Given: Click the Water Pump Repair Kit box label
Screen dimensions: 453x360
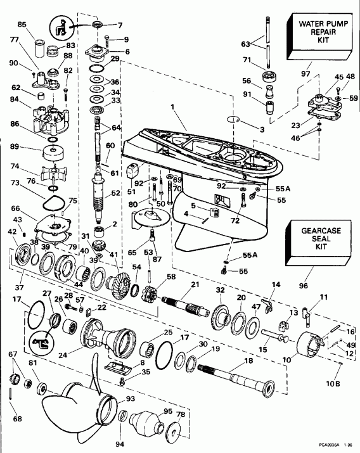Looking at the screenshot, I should click(321, 30).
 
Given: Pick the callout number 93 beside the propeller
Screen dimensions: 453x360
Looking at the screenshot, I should click(131, 399).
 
